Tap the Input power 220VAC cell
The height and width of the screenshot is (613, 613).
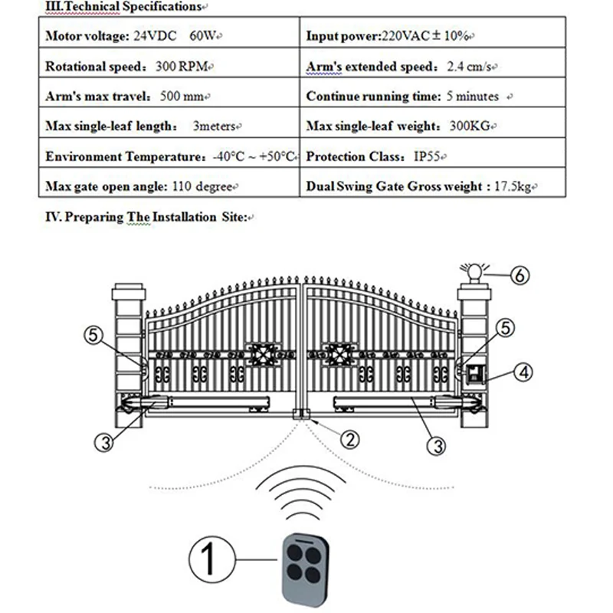(391, 36)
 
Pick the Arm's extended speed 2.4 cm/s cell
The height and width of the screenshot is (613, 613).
(398, 67)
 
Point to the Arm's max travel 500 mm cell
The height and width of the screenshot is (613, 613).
(127, 97)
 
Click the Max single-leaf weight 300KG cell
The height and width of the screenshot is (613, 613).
(402, 126)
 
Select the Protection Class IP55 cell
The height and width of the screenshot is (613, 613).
(375, 156)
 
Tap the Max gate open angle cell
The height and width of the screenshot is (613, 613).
(143, 186)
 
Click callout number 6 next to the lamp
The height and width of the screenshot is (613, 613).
(519, 276)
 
